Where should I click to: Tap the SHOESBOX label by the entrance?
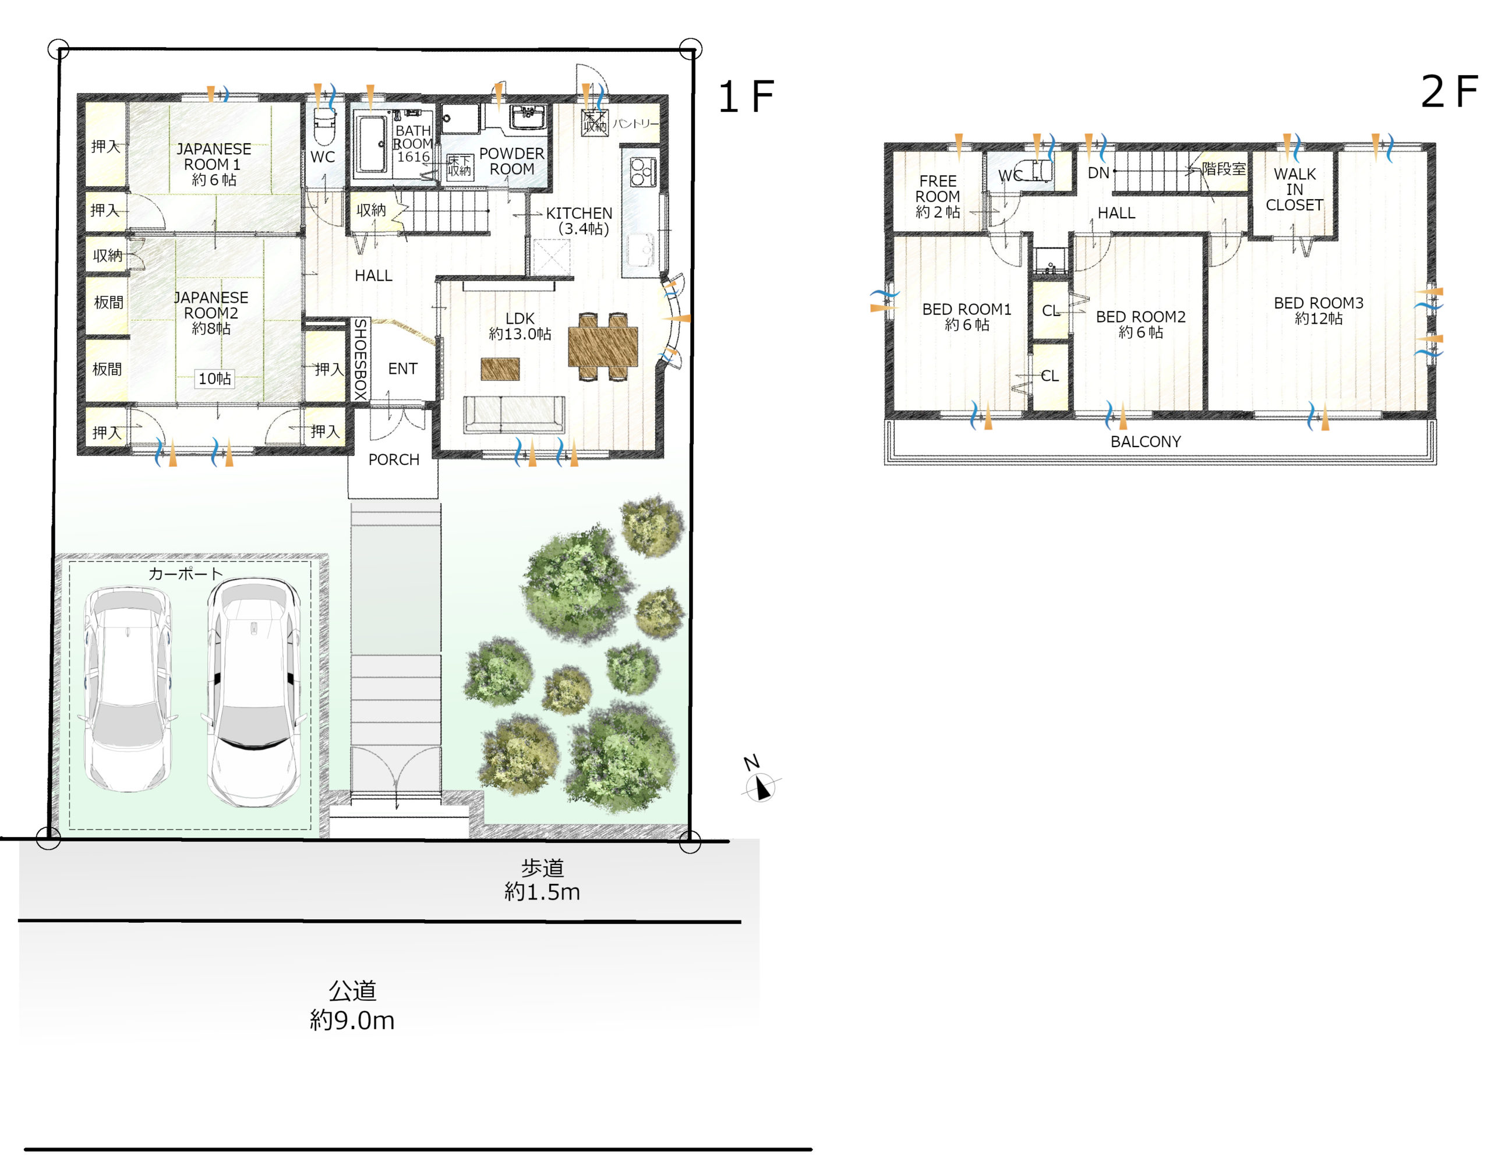point(361,359)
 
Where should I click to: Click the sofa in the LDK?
point(514,415)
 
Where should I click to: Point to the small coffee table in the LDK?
point(500,369)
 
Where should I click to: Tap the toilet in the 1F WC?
point(323,125)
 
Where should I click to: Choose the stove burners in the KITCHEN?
point(642,171)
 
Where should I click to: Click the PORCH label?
point(394,459)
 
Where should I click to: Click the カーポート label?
point(186,573)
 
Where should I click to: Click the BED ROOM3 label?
point(1318,310)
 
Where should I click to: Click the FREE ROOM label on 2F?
point(937,196)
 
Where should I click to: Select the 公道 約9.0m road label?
point(352,1005)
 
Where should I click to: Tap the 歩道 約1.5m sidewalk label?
point(542,880)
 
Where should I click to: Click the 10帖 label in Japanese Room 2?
point(214,378)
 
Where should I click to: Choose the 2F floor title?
point(1448,92)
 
